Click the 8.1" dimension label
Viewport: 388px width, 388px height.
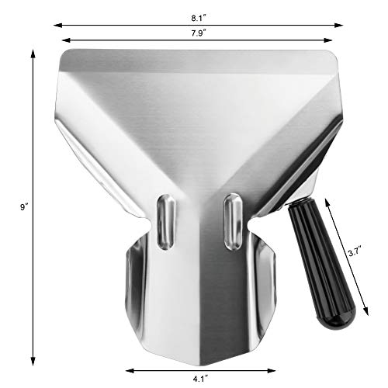pos(200,12)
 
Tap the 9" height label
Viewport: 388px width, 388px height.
pos(25,207)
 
